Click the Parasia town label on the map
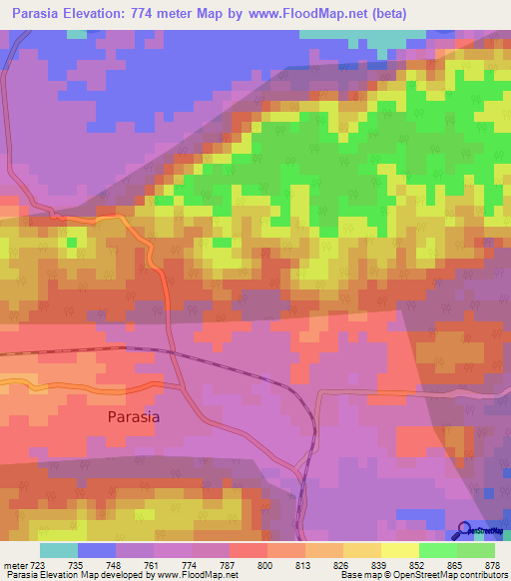pyautogui.click(x=134, y=418)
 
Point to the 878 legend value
pyautogui.click(x=493, y=566)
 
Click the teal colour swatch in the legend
pyautogui.click(x=59, y=551)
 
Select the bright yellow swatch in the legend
pyautogui.click(x=399, y=551)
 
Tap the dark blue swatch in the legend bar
pyautogui.click(x=97, y=551)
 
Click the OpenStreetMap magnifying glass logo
pyautogui.click(x=464, y=530)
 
